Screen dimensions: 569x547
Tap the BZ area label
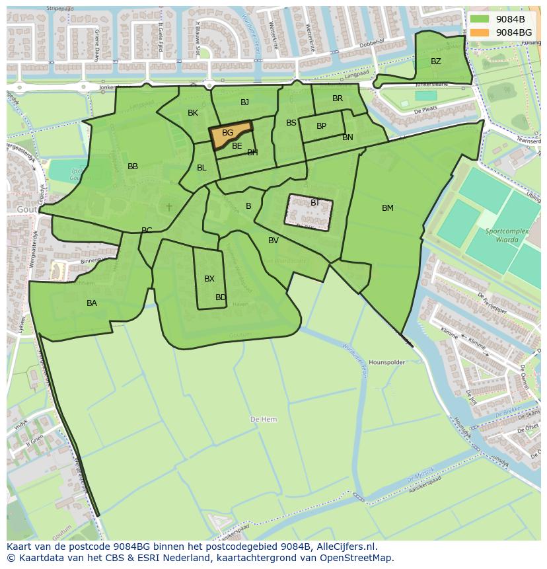pos(435,61)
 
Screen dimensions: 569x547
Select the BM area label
pos(387,208)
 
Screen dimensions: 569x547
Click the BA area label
pos(92,303)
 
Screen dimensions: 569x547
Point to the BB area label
pos(133,167)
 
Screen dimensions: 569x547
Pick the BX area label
pos(209,279)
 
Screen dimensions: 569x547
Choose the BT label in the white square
pos(314,203)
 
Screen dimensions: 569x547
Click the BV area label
pos(273,241)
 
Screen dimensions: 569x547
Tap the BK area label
pos(192,113)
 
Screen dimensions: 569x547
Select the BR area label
pos(338,98)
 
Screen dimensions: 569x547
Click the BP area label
pos(321,126)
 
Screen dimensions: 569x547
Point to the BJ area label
pos(244,102)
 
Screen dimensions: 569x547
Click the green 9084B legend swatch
pos(480,19)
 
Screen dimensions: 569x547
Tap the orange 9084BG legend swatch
pos(480,32)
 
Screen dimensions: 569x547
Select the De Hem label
pos(264,420)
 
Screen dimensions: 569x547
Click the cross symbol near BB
pos(169,207)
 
